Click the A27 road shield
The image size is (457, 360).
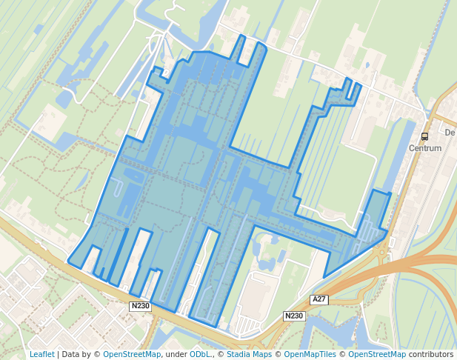(x=319, y=299)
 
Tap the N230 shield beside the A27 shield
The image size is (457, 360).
(x=294, y=316)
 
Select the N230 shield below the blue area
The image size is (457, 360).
(x=140, y=306)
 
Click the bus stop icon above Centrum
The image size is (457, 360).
(x=424, y=136)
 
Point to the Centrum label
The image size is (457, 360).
(x=425, y=148)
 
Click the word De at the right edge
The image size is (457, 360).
(x=450, y=133)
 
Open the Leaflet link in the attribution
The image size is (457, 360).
(x=41, y=354)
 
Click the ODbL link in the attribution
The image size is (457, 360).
(x=199, y=354)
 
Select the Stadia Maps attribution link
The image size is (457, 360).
(x=248, y=354)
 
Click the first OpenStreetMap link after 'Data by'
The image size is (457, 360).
(x=132, y=354)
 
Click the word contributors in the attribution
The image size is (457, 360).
(x=430, y=354)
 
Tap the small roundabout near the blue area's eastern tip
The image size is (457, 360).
(x=382, y=253)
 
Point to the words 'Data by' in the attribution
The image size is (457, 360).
(x=79, y=354)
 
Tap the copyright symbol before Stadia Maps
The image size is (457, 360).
(x=221, y=354)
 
